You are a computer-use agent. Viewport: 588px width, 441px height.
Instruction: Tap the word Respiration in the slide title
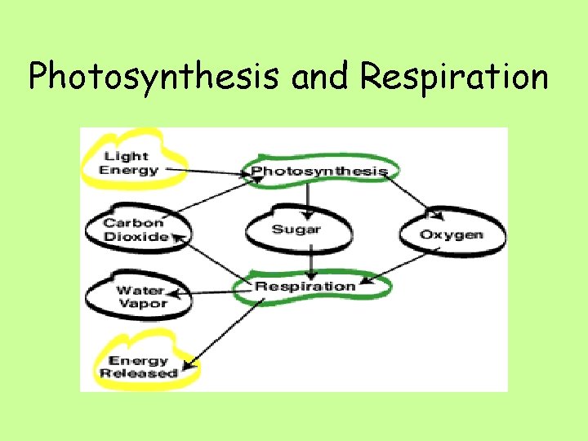pos(454,78)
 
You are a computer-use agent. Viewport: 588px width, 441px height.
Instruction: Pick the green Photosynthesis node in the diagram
pos(318,171)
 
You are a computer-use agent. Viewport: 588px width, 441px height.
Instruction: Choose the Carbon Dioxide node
pos(135,229)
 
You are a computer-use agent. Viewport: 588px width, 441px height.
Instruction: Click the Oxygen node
pos(451,235)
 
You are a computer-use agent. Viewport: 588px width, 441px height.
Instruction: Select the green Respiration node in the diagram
pos(305,286)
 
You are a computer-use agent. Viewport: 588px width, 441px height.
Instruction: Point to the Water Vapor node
pos(140,296)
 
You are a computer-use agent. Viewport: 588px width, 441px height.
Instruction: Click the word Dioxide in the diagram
pos(135,237)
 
